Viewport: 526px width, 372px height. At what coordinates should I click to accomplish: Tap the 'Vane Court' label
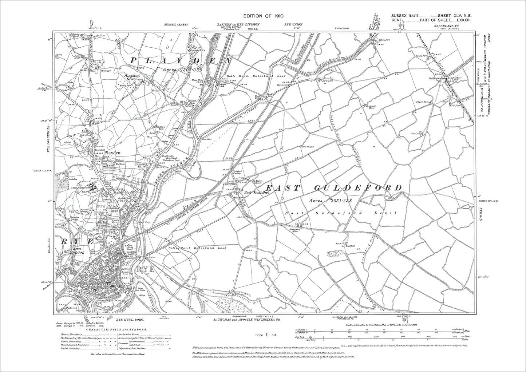[x=415, y=134]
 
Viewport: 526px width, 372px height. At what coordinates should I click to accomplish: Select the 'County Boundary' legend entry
[x=71, y=334]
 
